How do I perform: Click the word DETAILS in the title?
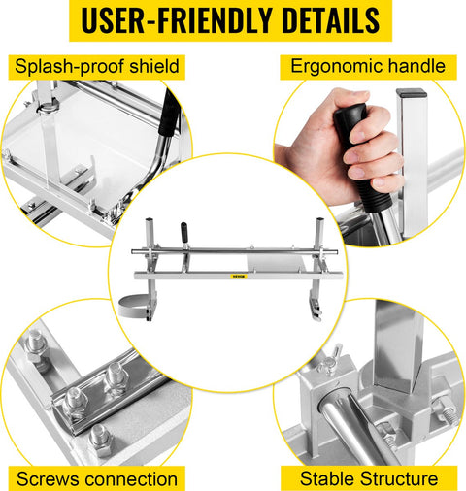click(x=331, y=20)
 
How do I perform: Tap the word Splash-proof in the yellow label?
click(x=69, y=67)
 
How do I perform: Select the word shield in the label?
click(x=154, y=66)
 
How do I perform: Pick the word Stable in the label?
click(x=327, y=478)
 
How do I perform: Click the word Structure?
click(x=399, y=478)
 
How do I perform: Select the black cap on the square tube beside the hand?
click(x=412, y=93)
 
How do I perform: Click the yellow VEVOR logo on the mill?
click(x=239, y=277)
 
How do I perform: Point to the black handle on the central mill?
click(x=184, y=232)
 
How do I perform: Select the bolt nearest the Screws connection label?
click(x=101, y=441)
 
